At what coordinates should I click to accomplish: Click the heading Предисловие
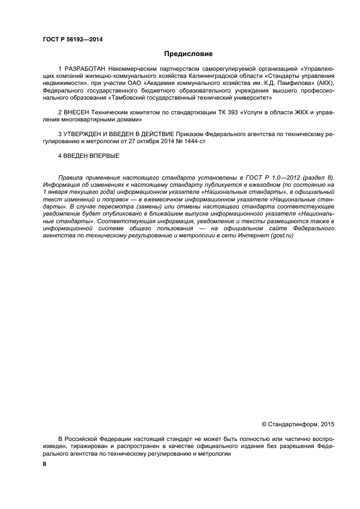click(188, 54)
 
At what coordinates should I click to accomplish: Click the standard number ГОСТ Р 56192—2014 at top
click(73, 40)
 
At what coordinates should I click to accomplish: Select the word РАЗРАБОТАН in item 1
click(84, 70)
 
